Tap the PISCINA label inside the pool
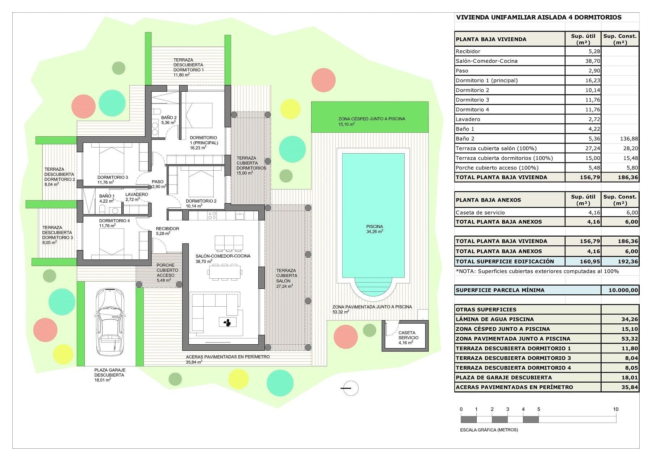pyautogui.click(x=374, y=227)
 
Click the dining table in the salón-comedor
pyautogui.click(x=225, y=272)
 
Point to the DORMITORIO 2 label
pyautogui.click(x=201, y=201)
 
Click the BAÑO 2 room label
pyautogui.click(x=169, y=118)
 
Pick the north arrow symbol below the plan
pyautogui.click(x=350, y=388)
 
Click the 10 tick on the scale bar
pyautogui.click(x=616, y=410)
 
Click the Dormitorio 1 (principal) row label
pyautogui.click(x=486, y=80)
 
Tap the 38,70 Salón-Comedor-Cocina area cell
pyautogui.click(x=592, y=61)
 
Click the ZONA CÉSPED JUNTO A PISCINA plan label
pyautogui.click(x=372, y=119)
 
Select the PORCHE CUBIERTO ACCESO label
pyautogui.click(x=166, y=270)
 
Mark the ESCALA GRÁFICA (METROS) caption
pyautogui.click(x=489, y=430)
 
